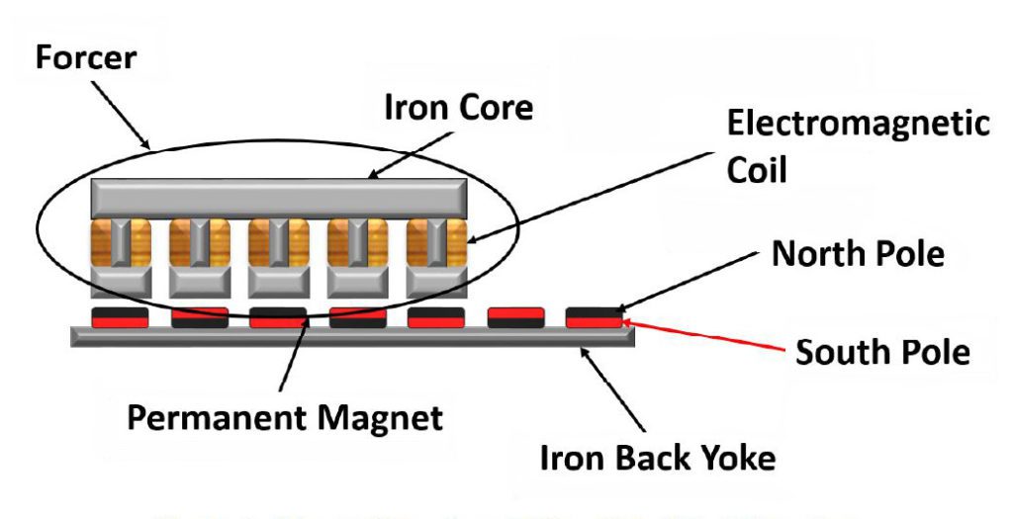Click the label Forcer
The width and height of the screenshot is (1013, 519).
85,56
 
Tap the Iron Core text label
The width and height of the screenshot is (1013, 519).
458,108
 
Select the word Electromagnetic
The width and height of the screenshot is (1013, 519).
858,125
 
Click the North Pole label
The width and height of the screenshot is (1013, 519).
858,254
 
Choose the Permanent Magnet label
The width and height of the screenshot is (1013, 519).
285,416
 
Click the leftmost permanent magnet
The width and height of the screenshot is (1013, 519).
120,317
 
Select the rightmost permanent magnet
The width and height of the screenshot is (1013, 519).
595,317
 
